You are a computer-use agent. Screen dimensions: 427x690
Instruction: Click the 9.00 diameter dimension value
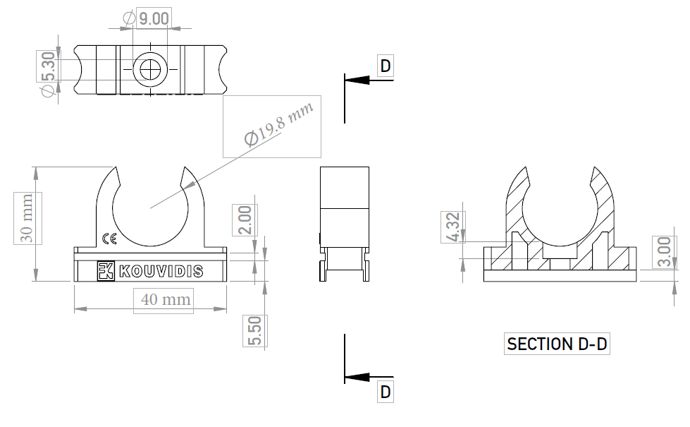point(153,18)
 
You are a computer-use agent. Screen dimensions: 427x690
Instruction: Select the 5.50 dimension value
point(254,331)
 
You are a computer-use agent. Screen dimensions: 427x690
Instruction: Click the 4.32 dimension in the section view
point(453,227)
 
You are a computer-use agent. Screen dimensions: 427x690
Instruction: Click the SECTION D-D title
point(557,344)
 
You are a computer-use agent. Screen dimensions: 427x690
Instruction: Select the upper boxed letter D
point(386,66)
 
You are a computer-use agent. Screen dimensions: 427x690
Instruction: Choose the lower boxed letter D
point(386,391)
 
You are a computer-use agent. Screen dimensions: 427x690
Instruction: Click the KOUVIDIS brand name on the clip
point(160,271)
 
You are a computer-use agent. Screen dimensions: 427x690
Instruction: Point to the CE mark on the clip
point(109,239)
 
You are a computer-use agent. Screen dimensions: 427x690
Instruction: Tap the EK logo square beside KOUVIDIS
point(106,271)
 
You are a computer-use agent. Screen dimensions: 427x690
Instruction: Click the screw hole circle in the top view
point(149,70)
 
